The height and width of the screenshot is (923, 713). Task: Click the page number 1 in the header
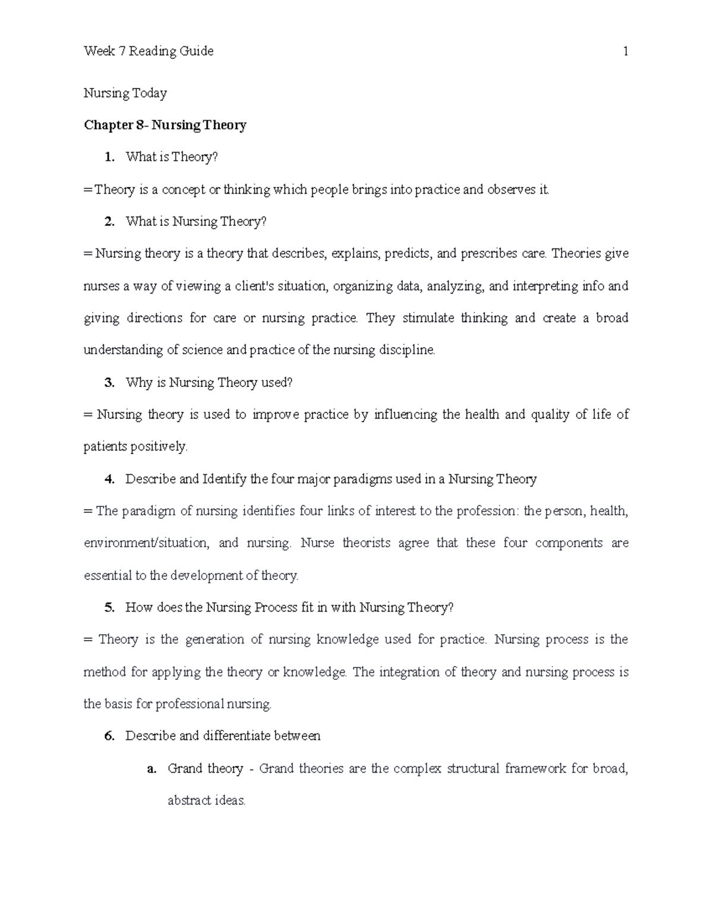(x=625, y=52)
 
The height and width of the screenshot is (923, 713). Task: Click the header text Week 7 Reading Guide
(x=149, y=52)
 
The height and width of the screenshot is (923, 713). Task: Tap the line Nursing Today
(x=125, y=93)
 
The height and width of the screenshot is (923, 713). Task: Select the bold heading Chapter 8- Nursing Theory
(x=165, y=125)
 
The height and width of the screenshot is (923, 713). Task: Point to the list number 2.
(x=108, y=222)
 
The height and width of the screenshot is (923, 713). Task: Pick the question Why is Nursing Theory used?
(x=209, y=383)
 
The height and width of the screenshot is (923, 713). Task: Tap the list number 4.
(x=108, y=479)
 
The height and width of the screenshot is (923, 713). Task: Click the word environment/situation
(x=146, y=543)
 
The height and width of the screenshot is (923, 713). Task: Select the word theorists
(x=366, y=543)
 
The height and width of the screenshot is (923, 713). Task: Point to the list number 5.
(x=108, y=607)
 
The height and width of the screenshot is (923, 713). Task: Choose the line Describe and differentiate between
(x=223, y=736)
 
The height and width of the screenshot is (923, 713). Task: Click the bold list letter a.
(x=152, y=768)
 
